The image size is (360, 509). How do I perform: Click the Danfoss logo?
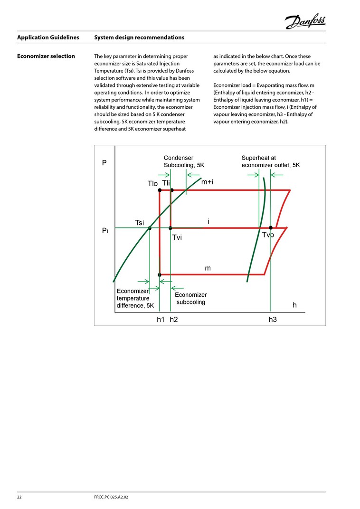click(x=305, y=20)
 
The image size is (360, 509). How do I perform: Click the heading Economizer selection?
click(x=46, y=56)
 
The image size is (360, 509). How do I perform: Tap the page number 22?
click(x=20, y=497)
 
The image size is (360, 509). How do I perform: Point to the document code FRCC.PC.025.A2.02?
click(x=112, y=497)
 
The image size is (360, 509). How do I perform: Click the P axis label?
click(x=104, y=163)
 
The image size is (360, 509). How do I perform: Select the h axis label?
click(x=294, y=305)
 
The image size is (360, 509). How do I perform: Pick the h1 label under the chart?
click(x=161, y=320)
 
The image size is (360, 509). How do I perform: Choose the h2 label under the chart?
click(x=173, y=320)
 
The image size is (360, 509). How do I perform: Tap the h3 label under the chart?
click(x=272, y=320)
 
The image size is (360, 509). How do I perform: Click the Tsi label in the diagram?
click(x=140, y=222)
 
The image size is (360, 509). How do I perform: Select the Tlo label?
click(x=152, y=184)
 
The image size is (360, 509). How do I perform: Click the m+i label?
click(x=207, y=182)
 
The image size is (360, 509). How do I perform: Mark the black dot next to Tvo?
click(x=271, y=228)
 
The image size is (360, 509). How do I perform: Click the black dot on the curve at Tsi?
click(x=150, y=228)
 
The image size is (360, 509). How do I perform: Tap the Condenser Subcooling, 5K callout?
click(x=184, y=161)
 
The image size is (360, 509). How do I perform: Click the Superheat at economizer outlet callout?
click(x=270, y=161)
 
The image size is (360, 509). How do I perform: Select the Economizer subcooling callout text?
click(x=190, y=298)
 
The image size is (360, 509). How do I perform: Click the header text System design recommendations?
click(x=139, y=37)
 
